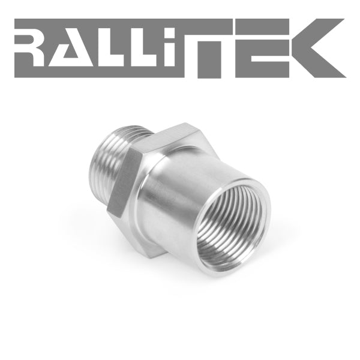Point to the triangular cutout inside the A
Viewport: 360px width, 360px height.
70,53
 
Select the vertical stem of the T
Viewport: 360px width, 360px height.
209,59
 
